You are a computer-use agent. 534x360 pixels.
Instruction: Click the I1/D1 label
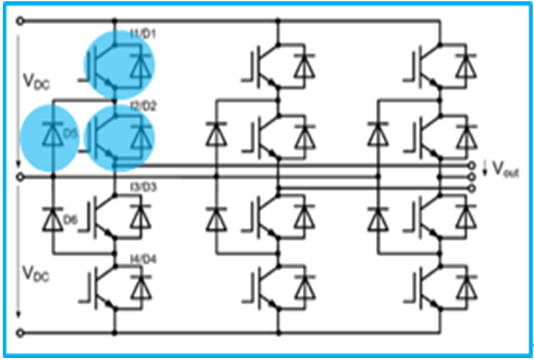pyautogui.click(x=143, y=34)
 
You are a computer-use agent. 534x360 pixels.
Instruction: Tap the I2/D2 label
pyautogui.click(x=143, y=104)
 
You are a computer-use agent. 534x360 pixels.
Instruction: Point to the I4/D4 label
pyautogui.click(x=143, y=259)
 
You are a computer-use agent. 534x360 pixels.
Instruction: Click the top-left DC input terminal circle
pyautogui.click(x=19, y=21)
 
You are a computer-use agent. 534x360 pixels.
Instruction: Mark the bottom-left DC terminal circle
pyautogui.click(x=19, y=333)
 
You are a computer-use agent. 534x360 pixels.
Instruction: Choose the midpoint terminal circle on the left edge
pyautogui.click(x=19, y=177)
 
